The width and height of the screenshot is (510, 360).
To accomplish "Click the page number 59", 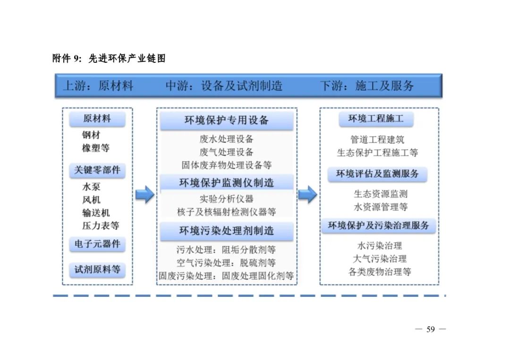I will click(430, 329).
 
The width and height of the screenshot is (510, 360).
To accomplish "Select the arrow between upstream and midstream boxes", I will click(144, 194).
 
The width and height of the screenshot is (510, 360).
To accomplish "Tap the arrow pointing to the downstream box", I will click(307, 194).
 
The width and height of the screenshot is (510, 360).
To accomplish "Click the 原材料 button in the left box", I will click(97, 119).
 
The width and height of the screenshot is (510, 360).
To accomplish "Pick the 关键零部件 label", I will click(97, 170).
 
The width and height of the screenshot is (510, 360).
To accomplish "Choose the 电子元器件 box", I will click(97, 244).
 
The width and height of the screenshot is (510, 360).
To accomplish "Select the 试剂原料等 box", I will click(97, 270).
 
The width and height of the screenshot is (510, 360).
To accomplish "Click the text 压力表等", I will click(101, 226).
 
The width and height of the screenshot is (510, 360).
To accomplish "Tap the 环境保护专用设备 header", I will click(227, 120).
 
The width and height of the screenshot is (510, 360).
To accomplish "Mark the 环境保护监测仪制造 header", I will click(227, 183).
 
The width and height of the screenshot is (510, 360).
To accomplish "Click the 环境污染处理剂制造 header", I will click(227, 231).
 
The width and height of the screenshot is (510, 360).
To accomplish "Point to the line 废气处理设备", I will click(227, 152).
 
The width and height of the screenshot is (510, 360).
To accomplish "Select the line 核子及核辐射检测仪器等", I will click(227, 212).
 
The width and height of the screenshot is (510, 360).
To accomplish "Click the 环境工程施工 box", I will click(376, 119).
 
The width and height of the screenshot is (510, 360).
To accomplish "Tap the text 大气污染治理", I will click(380, 259).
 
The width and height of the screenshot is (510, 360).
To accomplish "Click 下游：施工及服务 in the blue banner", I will click(367, 86).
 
